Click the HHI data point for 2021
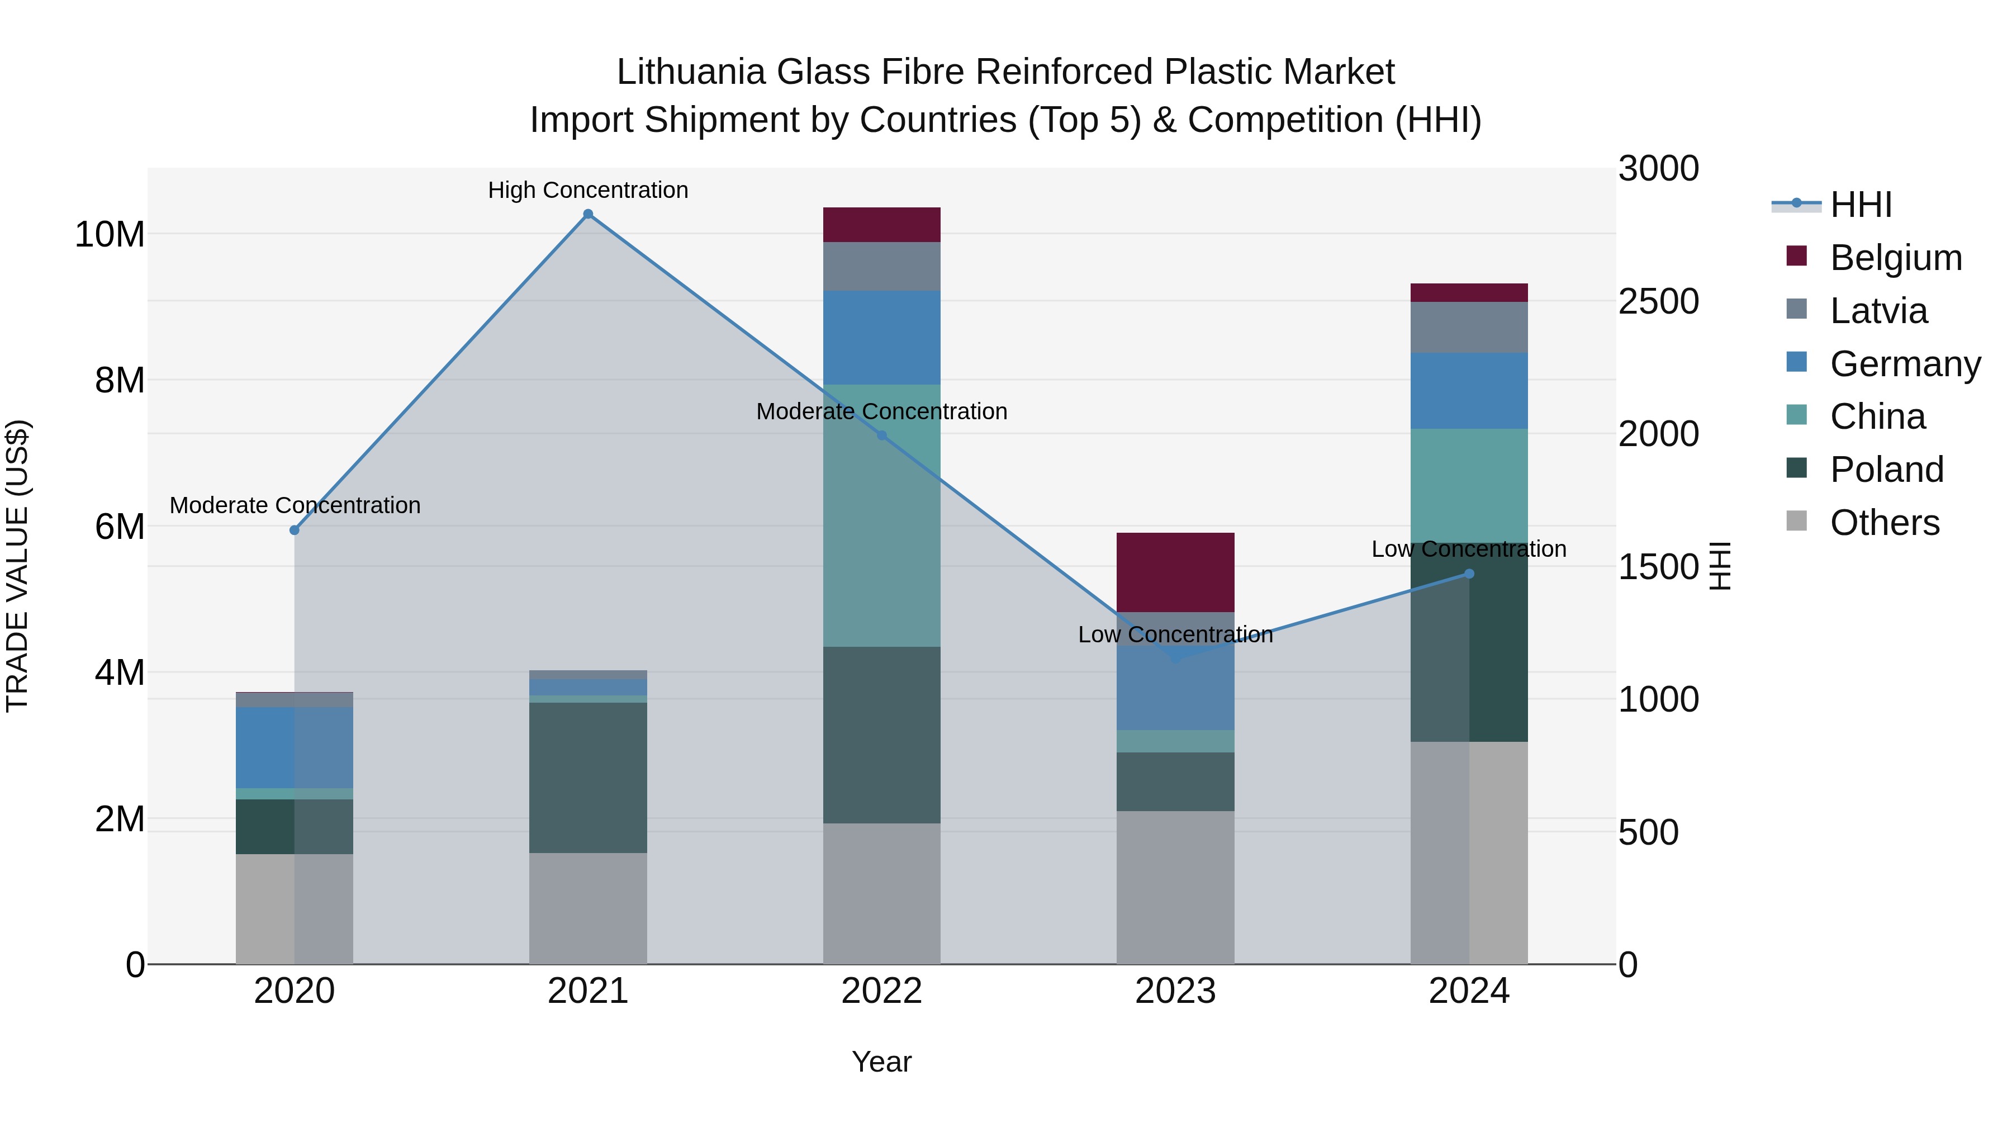[588, 214]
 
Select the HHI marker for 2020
[295, 530]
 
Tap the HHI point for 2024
[1469, 574]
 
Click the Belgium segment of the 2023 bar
[1175, 572]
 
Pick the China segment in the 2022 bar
[882, 515]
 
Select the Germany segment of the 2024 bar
[1469, 391]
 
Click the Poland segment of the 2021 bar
[588, 778]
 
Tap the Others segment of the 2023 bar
[1175, 887]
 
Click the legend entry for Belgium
[1896, 258]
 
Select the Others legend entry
[1884, 523]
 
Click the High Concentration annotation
[588, 190]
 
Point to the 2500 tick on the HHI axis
[1658, 301]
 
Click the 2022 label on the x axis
[882, 991]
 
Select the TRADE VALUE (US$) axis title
[17, 566]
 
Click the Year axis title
[882, 1062]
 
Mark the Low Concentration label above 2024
[1469, 549]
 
